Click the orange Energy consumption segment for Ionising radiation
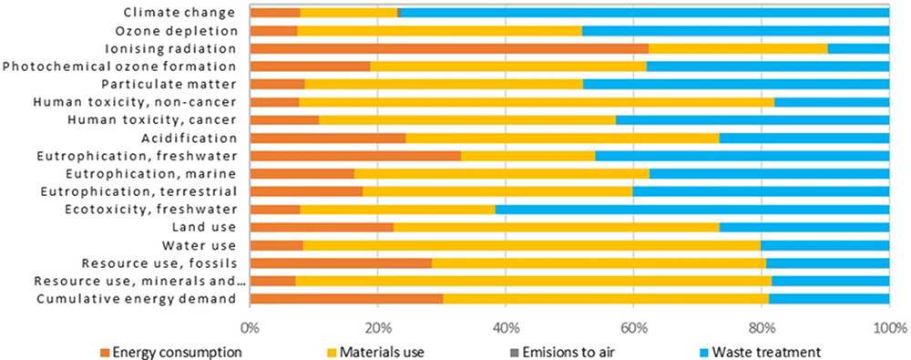pos(449,48)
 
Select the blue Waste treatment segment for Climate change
pos(644,13)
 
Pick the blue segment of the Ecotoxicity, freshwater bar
pos(692,210)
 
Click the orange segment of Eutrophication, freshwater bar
pos(355,156)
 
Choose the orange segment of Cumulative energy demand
pos(346,299)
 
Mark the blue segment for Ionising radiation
pos(859,48)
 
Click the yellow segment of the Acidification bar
pos(562,138)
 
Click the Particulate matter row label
pos(168,85)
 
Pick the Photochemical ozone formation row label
pos(119,67)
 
